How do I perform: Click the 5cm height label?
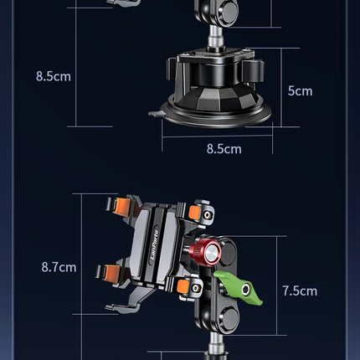click(300, 90)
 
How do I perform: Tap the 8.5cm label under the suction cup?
click(224, 149)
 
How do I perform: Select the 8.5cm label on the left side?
click(54, 75)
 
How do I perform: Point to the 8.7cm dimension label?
click(59, 268)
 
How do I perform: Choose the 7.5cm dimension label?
click(300, 291)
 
